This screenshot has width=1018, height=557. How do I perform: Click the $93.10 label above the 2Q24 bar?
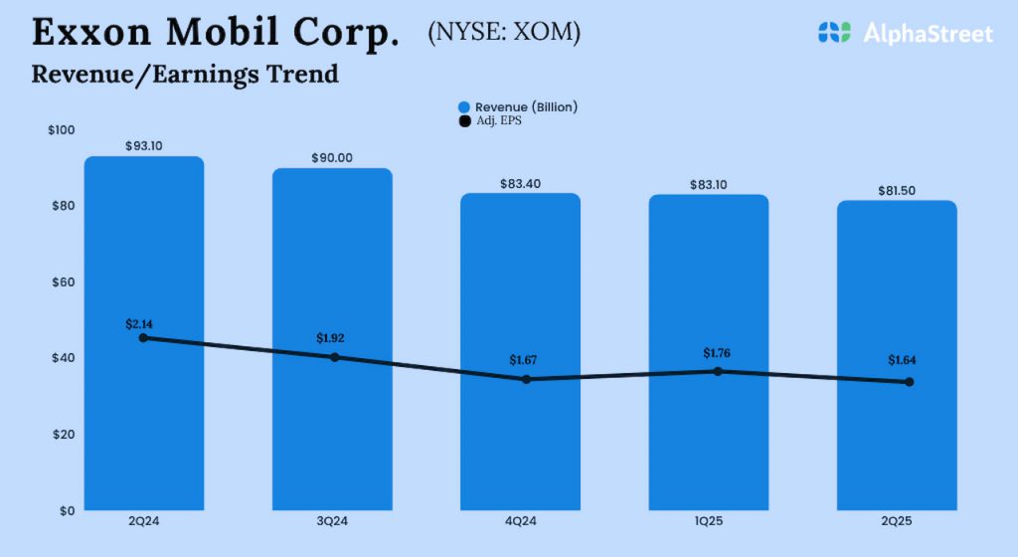click(144, 145)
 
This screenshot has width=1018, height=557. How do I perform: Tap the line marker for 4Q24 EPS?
click(526, 379)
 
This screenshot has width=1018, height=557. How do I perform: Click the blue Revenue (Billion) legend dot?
click(463, 107)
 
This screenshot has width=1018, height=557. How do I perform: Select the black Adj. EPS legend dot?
click(463, 121)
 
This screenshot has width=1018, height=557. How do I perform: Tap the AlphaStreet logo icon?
click(835, 33)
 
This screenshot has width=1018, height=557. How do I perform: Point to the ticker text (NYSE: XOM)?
click(504, 32)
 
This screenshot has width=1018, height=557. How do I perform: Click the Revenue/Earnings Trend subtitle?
click(185, 74)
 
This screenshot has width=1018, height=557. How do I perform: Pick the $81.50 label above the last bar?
click(897, 190)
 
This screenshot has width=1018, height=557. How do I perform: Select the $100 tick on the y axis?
click(61, 130)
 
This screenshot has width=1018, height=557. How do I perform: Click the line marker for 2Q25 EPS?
click(909, 382)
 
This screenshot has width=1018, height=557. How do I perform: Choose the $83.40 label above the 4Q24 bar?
click(520, 183)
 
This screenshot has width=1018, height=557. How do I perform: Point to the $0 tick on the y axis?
click(67, 510)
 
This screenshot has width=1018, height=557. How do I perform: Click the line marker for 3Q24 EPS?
click(335, 357)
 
